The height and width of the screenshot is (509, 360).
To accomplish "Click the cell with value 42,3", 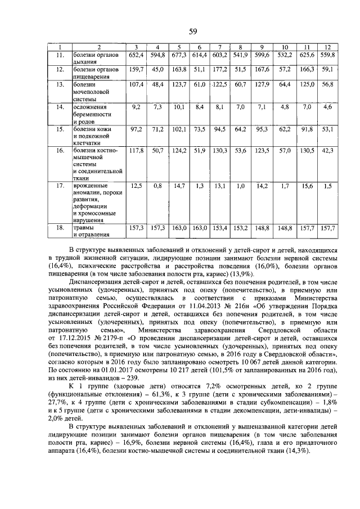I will coord(327,151).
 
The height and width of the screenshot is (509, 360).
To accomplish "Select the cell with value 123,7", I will coord(179,84).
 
